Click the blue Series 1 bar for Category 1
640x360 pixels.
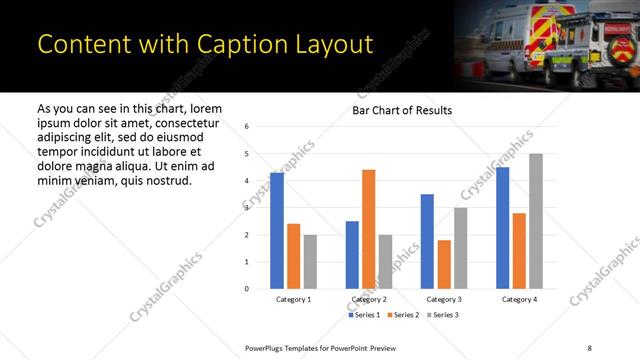coord(277,231)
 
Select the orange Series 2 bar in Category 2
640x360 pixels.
coord(368,229)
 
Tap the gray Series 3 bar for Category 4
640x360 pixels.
coord(535,221)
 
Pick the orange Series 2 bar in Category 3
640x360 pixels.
coord(444,264)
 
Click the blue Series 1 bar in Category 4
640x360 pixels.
coord(502,228)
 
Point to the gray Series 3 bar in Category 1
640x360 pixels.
coord(310,262)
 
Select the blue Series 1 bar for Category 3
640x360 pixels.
coord(427,241)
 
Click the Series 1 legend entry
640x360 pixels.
coord(363,315)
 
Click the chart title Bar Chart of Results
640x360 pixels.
coord(402,110)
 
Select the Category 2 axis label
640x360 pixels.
coord(369,299)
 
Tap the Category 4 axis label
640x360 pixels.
coord(519,299)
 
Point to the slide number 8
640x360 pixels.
coord(589,346)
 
